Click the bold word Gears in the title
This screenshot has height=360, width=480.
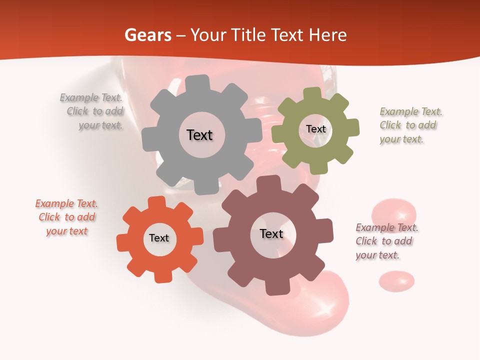147,35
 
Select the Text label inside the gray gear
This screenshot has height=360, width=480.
199,135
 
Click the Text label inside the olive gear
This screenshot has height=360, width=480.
315,129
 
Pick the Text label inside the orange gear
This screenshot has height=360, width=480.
159,238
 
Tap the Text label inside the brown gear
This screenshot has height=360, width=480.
271,234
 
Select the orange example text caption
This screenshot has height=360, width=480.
67,217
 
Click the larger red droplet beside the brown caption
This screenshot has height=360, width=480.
394,212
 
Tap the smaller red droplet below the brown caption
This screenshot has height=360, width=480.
396,281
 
